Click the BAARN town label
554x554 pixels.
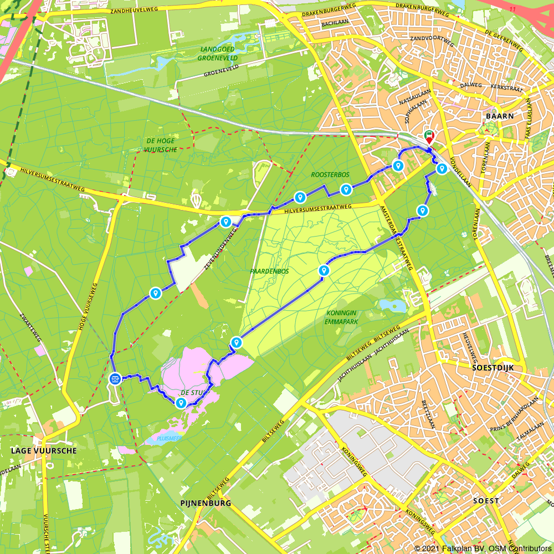click(499, 116)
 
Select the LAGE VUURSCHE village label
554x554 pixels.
click(44, 451)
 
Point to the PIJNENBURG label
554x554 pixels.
click(206, 503)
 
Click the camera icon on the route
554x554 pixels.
click(115, 379)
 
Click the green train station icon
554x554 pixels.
click(428, 134)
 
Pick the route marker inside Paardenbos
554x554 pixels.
click(324, 270)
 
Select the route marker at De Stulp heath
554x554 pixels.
click(181, 403)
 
